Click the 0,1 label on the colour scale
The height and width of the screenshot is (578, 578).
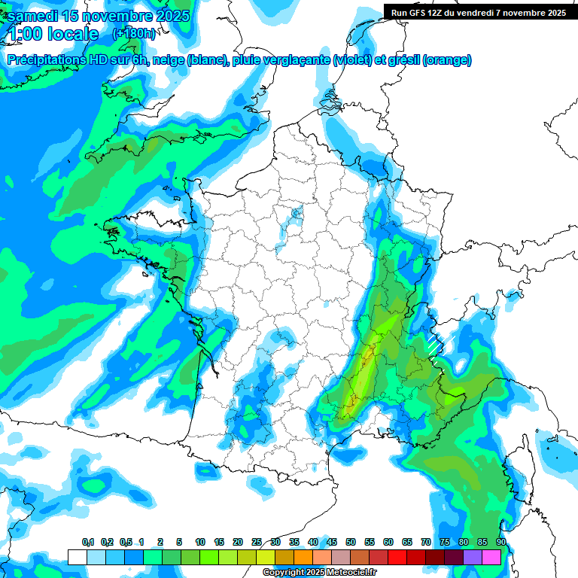pos(88,542)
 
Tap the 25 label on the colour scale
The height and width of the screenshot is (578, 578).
pos(257,542)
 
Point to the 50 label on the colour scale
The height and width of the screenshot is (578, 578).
pos(351,542)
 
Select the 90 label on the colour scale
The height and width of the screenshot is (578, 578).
pos(501,542)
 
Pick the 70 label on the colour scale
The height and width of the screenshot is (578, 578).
pos(426,542)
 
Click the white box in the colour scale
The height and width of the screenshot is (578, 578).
pos(77,557)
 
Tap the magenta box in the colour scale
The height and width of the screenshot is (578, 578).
pos(491,557)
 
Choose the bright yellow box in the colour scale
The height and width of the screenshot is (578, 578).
pos(266,557)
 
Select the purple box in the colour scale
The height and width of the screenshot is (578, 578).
pos(473,557)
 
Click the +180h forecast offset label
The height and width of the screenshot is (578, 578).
pos(135,34)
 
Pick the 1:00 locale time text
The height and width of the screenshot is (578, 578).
pos(52,34)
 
